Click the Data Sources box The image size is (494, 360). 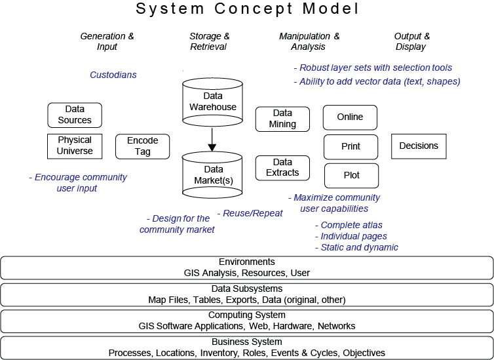click(75, 115)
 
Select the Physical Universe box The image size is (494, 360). click(75, 146)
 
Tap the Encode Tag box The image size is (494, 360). click(142, 146)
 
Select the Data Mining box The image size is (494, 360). click(282, 119)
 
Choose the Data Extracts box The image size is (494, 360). click(282, 168)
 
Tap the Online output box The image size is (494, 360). click(350, 117)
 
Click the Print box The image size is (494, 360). click(351, 146)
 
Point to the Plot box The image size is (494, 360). click(351, 176)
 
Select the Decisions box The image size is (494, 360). click(419, 146)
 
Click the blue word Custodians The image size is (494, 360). click(113, 75)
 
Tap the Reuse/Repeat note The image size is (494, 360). click(253, 213)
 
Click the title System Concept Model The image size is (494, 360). click(246, 10)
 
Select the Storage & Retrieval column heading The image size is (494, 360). click(209, 41)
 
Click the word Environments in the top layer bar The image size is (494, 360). click(246, 262)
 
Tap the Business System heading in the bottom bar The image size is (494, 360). click(246, 342)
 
